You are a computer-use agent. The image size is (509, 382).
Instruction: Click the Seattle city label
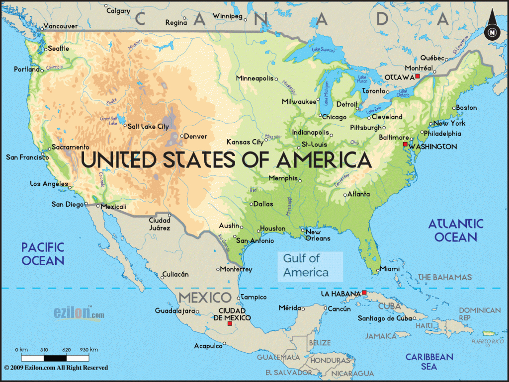59,49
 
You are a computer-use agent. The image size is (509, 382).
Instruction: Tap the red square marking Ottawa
418,76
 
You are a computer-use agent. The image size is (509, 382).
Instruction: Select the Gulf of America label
306,265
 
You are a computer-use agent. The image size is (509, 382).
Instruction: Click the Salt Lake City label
148,127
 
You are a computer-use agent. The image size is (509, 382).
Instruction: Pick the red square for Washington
405,144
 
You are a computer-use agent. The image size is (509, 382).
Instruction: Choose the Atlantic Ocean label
456,230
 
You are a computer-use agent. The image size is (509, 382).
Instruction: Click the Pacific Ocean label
42,253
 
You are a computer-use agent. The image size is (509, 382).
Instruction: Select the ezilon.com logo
80,314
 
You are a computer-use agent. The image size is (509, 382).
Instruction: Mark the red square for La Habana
364,293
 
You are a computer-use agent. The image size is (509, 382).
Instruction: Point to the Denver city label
195,136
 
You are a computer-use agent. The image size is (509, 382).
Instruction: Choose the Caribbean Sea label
429,362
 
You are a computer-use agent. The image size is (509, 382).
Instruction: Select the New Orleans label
317,235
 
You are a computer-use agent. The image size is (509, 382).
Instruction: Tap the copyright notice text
56,368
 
